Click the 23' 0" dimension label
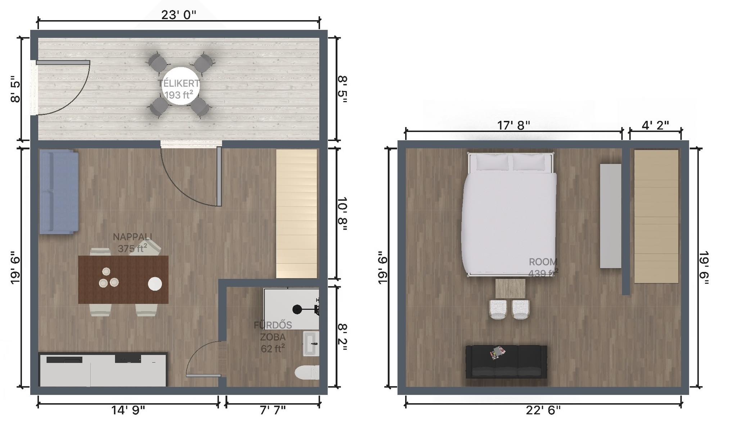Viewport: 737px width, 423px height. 178,15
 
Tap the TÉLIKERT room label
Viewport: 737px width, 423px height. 179,83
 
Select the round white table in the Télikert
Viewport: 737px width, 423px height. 180,86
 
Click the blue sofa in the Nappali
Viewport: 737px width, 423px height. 59,192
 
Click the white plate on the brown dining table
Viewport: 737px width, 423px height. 155,283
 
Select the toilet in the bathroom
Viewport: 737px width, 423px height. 307,373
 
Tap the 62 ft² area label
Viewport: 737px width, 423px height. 273,349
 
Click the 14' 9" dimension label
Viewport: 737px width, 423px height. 128,410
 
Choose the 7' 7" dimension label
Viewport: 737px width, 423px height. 273,410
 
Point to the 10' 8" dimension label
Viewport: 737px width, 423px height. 342,214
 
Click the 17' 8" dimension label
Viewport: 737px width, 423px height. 514,125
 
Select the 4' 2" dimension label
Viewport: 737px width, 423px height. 655,125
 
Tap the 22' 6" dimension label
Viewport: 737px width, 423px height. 543,410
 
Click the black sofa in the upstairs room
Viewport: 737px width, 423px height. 506,362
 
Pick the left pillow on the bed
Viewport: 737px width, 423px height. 492,162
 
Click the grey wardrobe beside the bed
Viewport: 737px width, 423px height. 611,216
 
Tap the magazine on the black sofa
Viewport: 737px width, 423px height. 497,352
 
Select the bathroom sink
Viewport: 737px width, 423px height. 311,344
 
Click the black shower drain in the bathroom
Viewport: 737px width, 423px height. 297,309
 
